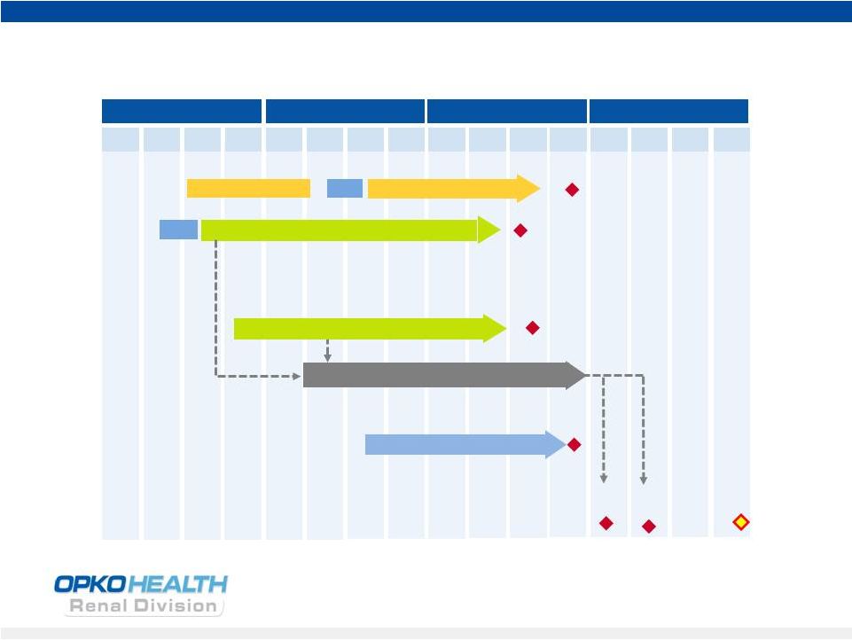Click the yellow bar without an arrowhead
click(248, 189)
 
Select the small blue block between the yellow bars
click(345, 189)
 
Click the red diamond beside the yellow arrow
click(572, 190)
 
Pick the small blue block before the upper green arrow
click(178, 230)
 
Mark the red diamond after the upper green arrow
click(520, 230)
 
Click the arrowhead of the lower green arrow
click(495, 328)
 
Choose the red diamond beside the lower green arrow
click(533, 328)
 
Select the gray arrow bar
click(444, 376)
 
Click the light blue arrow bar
click(465, 444)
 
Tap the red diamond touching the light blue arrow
click(574, 445)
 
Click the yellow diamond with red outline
click(740, 522)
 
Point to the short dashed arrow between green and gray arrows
click(327, 350)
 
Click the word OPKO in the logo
click(90, 584)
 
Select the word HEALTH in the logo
click(178, 584)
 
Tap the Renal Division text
click(143, 605)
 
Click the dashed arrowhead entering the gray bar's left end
click(297, 376)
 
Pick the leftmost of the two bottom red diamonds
click(606, 523)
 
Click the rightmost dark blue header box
click(668, 112)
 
